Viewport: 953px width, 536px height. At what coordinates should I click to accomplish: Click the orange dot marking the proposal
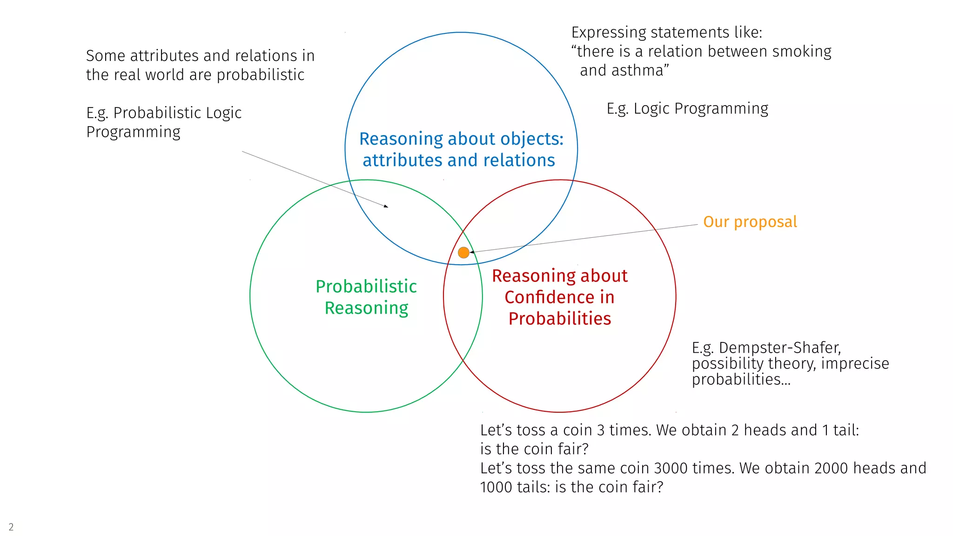[463, 253]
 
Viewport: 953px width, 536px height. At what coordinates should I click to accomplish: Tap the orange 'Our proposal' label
[750, 222]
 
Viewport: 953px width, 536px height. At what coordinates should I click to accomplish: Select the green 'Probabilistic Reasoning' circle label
[366, 297]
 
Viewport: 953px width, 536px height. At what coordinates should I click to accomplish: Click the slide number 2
[11, 527]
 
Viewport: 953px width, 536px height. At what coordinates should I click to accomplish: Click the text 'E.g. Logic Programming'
[687, 108]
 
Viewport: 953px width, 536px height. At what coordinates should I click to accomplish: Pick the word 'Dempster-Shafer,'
[779, 348]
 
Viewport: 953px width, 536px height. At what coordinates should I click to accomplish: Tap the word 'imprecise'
[855, 363]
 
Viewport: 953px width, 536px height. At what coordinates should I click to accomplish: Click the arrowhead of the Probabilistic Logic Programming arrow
[386, 206]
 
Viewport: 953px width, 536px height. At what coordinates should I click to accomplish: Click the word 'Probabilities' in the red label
[559, 319]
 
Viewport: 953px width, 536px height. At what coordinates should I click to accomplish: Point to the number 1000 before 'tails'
[496, 487]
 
